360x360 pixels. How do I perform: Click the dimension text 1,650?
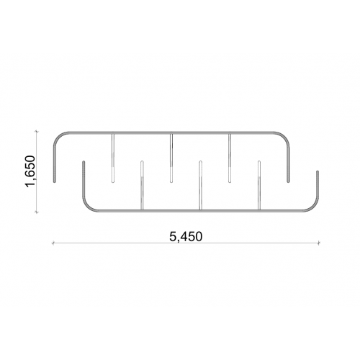pos(30,171)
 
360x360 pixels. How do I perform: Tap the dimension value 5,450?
pos(186,237)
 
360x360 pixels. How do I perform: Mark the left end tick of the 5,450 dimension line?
pos(53,243)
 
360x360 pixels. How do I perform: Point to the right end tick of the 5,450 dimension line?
pos(319,243)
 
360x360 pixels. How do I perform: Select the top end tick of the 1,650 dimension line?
pos(36,131)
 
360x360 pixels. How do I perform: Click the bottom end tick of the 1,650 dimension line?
pos(36,212)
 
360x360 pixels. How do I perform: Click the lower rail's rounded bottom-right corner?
pos(314,207)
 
